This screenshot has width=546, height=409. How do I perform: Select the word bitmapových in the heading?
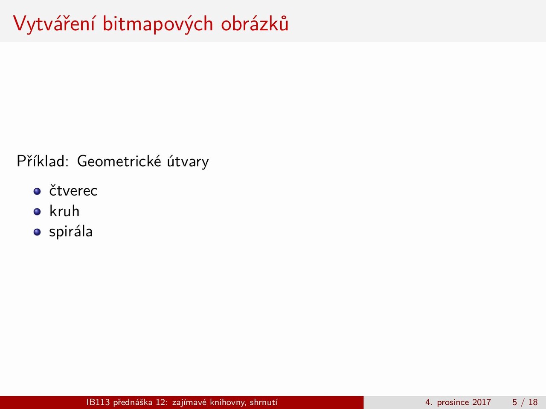(158, 25)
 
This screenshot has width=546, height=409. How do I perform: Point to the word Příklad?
(43, 161)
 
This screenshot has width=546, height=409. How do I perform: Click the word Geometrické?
(119, 161)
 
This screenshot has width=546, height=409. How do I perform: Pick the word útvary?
(188, 161)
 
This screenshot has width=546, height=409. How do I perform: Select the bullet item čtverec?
(73, 190)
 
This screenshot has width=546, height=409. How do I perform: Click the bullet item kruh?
(64, 211)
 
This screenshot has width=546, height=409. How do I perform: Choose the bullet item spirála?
(71, 232)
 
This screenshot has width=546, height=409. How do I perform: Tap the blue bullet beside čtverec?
(37, 191)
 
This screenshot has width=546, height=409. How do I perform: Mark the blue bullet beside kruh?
(37, 212)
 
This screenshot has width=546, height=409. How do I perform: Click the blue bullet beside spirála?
(37, 232)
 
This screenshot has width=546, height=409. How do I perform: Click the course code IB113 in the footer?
(98, 402)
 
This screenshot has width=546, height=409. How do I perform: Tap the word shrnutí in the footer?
(264, 402)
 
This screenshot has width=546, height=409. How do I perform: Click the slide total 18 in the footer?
(533, 402)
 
